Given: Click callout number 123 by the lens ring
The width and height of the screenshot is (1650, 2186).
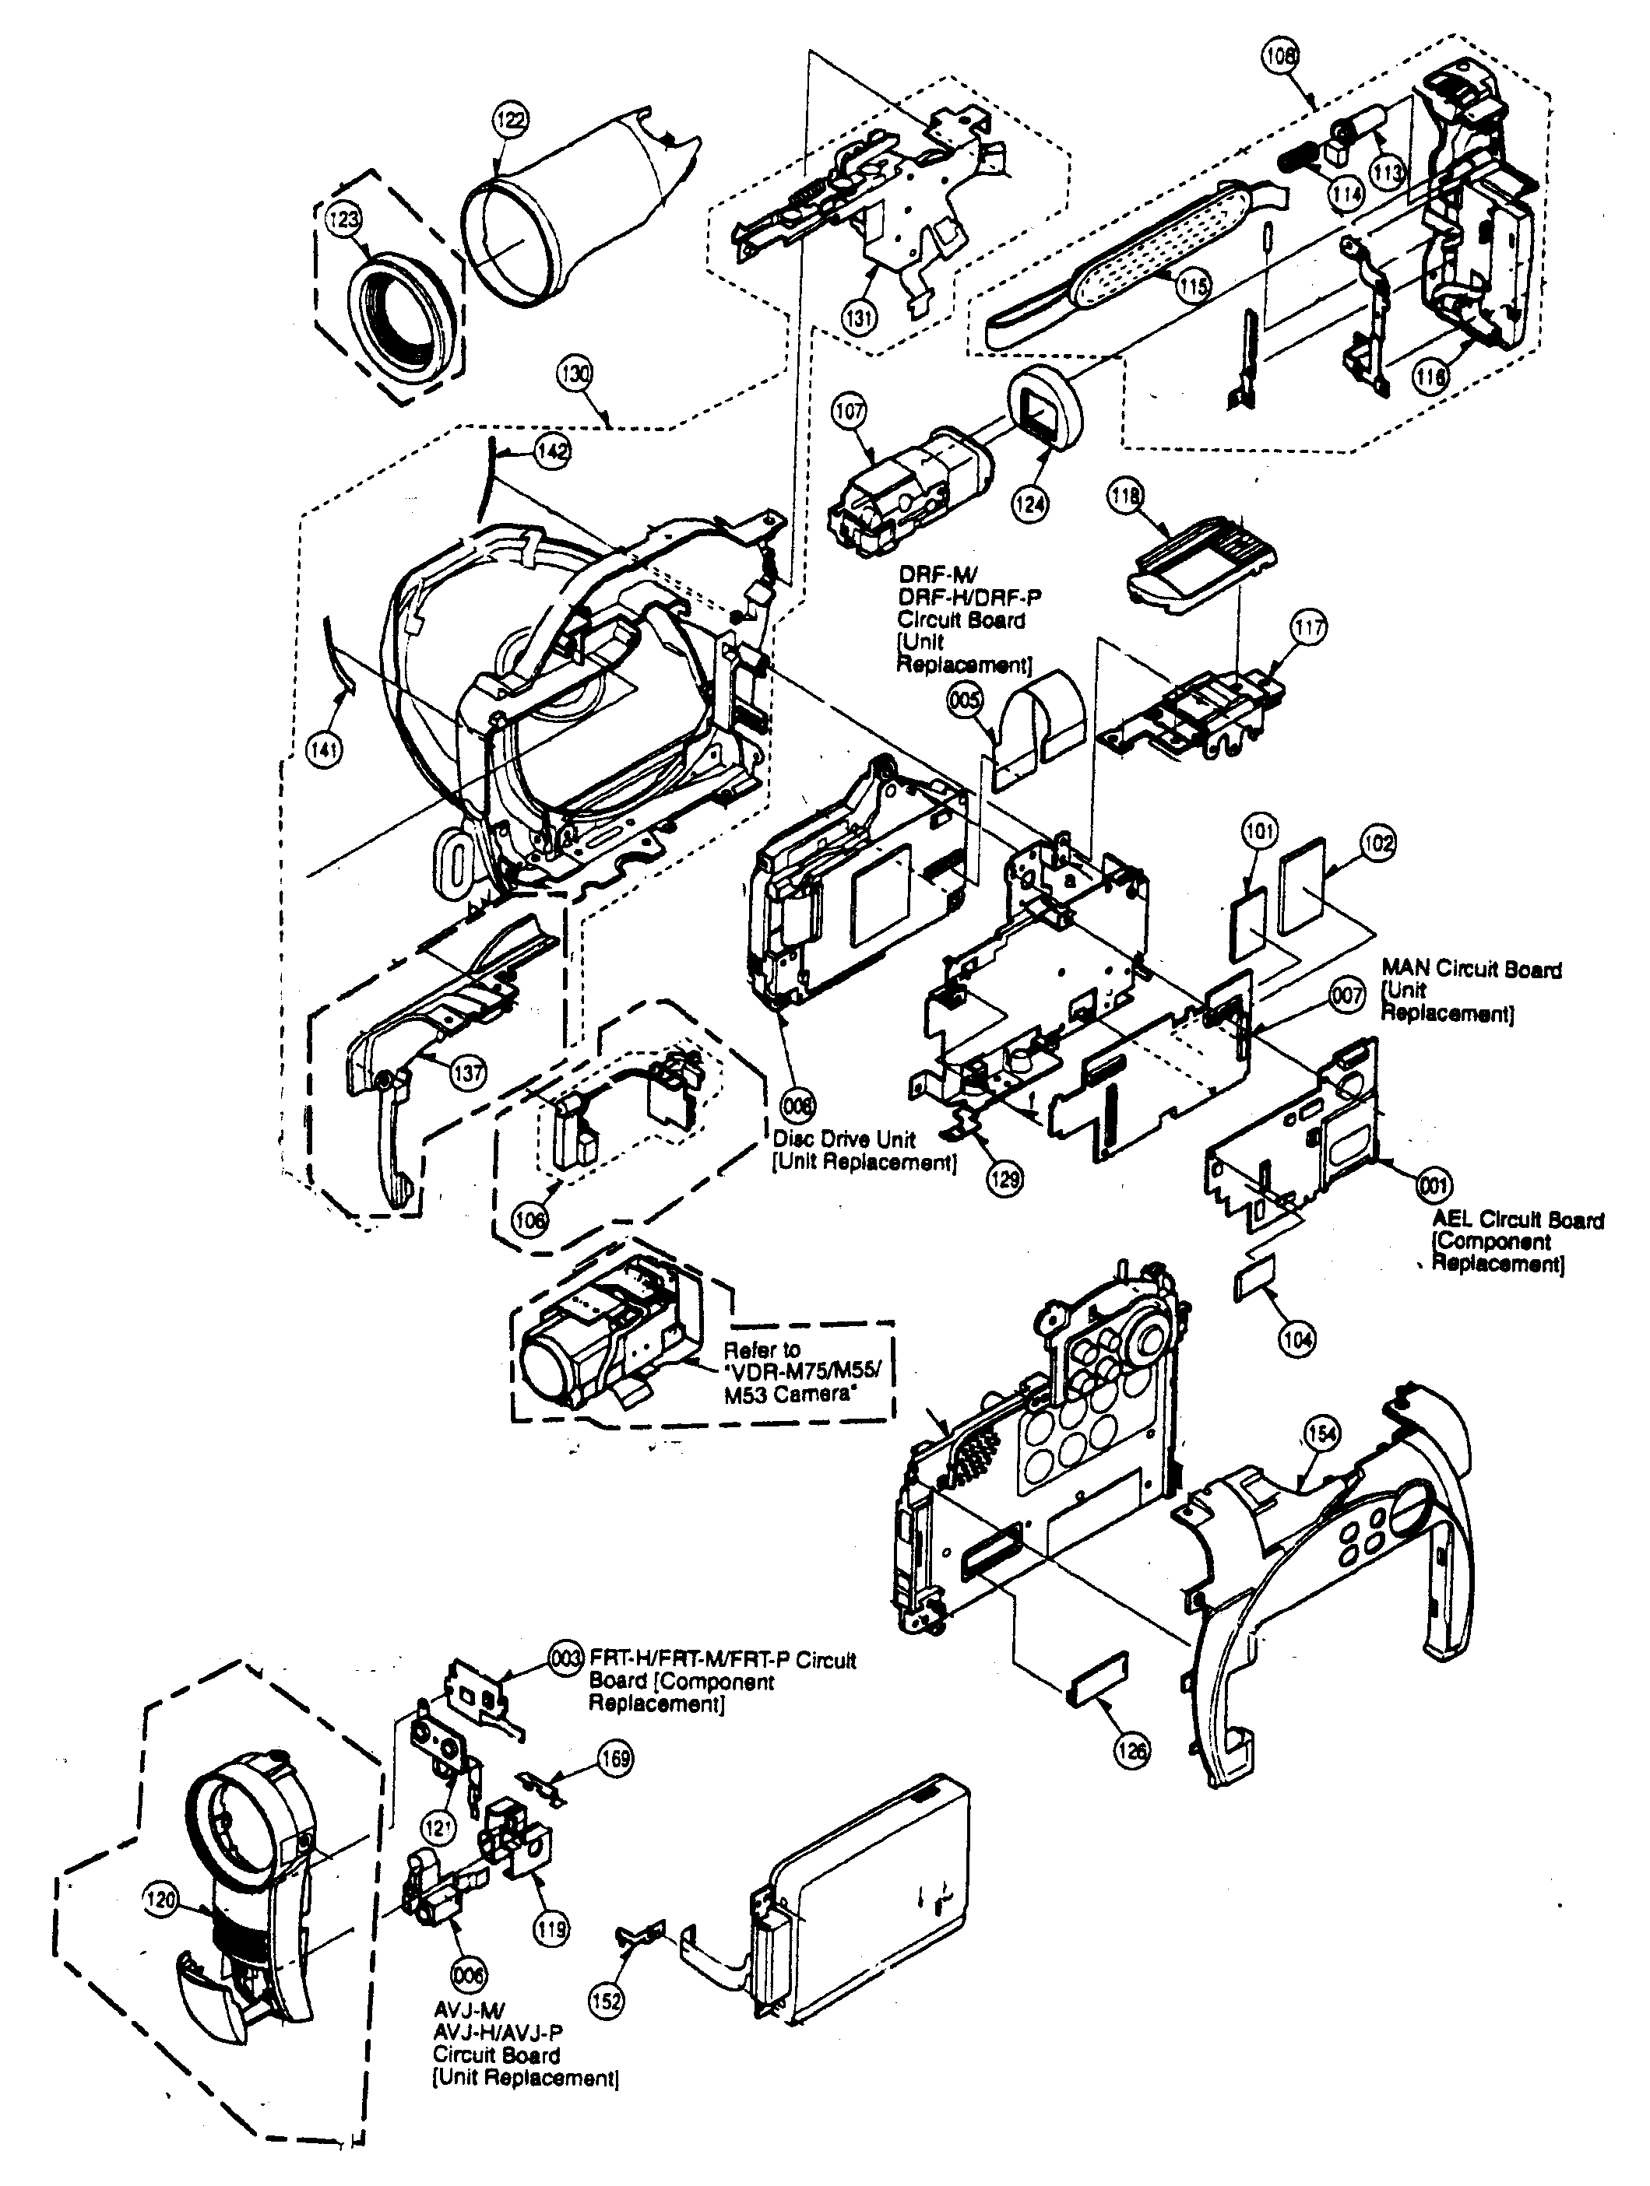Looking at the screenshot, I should click(x=343, y=219).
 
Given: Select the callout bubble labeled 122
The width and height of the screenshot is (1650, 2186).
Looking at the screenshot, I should click(x=510, y=121).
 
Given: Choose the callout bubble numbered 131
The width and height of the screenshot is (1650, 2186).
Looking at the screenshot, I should click(x=858, y=318).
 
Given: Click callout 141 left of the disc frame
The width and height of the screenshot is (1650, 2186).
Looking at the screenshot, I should click(x=323, y=750).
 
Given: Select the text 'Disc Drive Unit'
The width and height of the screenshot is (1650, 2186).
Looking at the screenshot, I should click(x=844, y=1139).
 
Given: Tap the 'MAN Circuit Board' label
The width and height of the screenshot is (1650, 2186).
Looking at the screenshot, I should click(x=1471, y=970).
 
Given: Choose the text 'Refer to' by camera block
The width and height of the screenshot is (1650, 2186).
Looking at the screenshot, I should click(x=762, y=1349).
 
